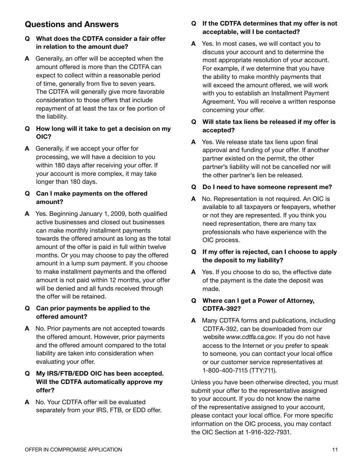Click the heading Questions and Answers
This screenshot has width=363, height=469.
[72, 24]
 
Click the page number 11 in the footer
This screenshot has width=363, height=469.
[335, 450]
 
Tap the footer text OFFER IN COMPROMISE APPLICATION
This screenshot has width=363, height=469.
[73, 450]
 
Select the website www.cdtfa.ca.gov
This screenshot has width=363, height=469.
[251, 337]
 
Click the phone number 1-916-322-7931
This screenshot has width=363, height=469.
[268, 432]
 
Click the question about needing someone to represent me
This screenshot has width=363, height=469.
[267, 187]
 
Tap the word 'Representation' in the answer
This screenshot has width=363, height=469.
[233, 199]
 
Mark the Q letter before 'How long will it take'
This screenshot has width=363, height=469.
[27, 129]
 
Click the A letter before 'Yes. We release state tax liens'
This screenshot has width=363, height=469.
[193, 142]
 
